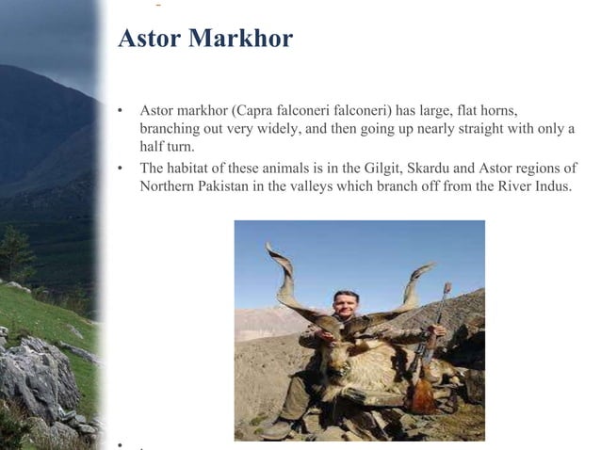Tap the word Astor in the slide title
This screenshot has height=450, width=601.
point(150,39)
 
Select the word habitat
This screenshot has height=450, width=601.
point(193,169)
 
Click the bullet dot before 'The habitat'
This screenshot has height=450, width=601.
point(120,169)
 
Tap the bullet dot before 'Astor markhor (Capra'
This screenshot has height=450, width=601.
point(120,111)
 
